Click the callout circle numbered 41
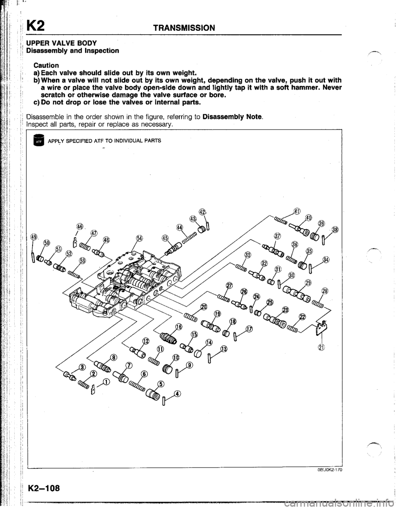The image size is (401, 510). point(297,211)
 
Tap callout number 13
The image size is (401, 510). point(224,348)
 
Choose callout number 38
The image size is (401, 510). point(336,230)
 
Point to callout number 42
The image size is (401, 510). point(202,210)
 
